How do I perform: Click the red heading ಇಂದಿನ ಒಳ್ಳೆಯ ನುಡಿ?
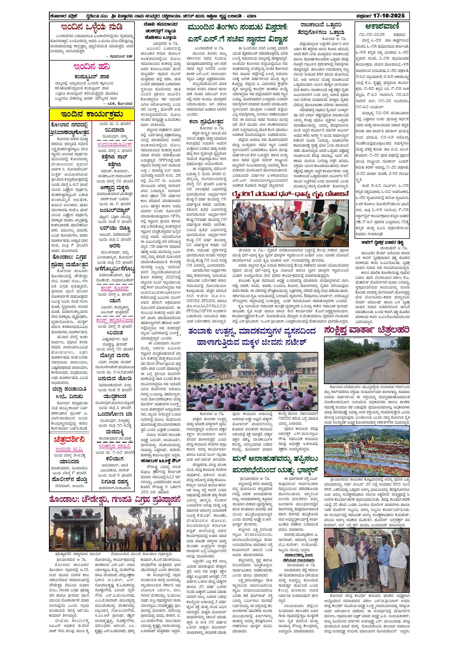point(92,27)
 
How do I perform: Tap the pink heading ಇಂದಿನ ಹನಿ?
point(92,67)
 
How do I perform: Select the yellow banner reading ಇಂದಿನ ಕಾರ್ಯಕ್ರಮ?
point(92,115)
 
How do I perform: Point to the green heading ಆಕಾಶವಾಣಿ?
point(382,27)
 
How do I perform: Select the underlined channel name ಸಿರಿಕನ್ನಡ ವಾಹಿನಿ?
point(115,446)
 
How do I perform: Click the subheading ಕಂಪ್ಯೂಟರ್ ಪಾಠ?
point(92,77)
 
